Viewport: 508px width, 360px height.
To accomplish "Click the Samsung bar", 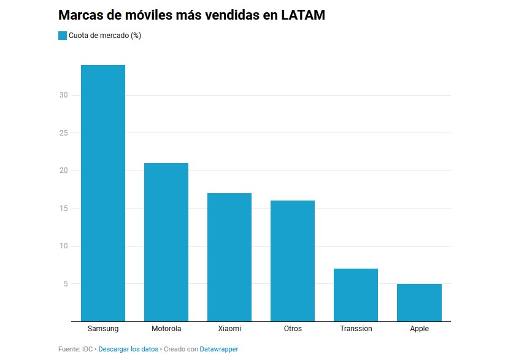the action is coord(103,193).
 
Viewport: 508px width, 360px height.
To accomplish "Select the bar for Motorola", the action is coord(166,242).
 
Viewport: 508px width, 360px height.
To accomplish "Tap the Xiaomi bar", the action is coord(229,258).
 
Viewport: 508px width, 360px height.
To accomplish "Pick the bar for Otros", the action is coord(293,261).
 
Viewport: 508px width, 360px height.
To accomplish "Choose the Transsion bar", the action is coord(356,295).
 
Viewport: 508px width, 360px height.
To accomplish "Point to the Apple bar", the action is coord(419,303).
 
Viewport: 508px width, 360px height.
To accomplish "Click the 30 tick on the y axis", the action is coord(64,95).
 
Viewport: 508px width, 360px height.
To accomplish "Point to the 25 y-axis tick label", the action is coord(64,132).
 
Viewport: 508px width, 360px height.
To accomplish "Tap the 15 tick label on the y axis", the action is coord(64,208).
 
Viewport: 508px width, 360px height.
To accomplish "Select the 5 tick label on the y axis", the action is coord(66,283).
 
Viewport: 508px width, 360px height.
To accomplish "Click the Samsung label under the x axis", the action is coord(103,329).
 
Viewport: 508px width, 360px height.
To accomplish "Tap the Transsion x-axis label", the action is coord(356,329).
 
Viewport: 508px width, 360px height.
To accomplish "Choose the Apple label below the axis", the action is coord(419,329).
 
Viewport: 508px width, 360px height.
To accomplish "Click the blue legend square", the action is coord(63,36).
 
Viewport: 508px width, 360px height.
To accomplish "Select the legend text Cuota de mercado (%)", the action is coord(105,36).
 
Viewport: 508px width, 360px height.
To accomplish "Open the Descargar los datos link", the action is coord(128,349).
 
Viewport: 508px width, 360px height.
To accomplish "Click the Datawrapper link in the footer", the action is coord(218,349).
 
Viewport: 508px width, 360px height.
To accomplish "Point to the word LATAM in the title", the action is coord(303,15).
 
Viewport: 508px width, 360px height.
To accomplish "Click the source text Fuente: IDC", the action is coord(75,349).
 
